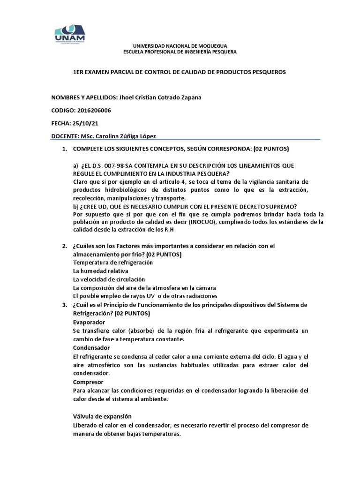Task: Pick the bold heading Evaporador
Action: (x=89, y=322)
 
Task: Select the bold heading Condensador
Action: (x=91, y=348)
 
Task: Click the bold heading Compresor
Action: (x=88, y=382)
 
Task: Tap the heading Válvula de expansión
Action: (x=102, y=416)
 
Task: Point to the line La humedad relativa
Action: (x=101, y=271)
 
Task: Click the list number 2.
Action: (x=64, y=246)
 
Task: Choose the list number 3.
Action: (x=64, y=305)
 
